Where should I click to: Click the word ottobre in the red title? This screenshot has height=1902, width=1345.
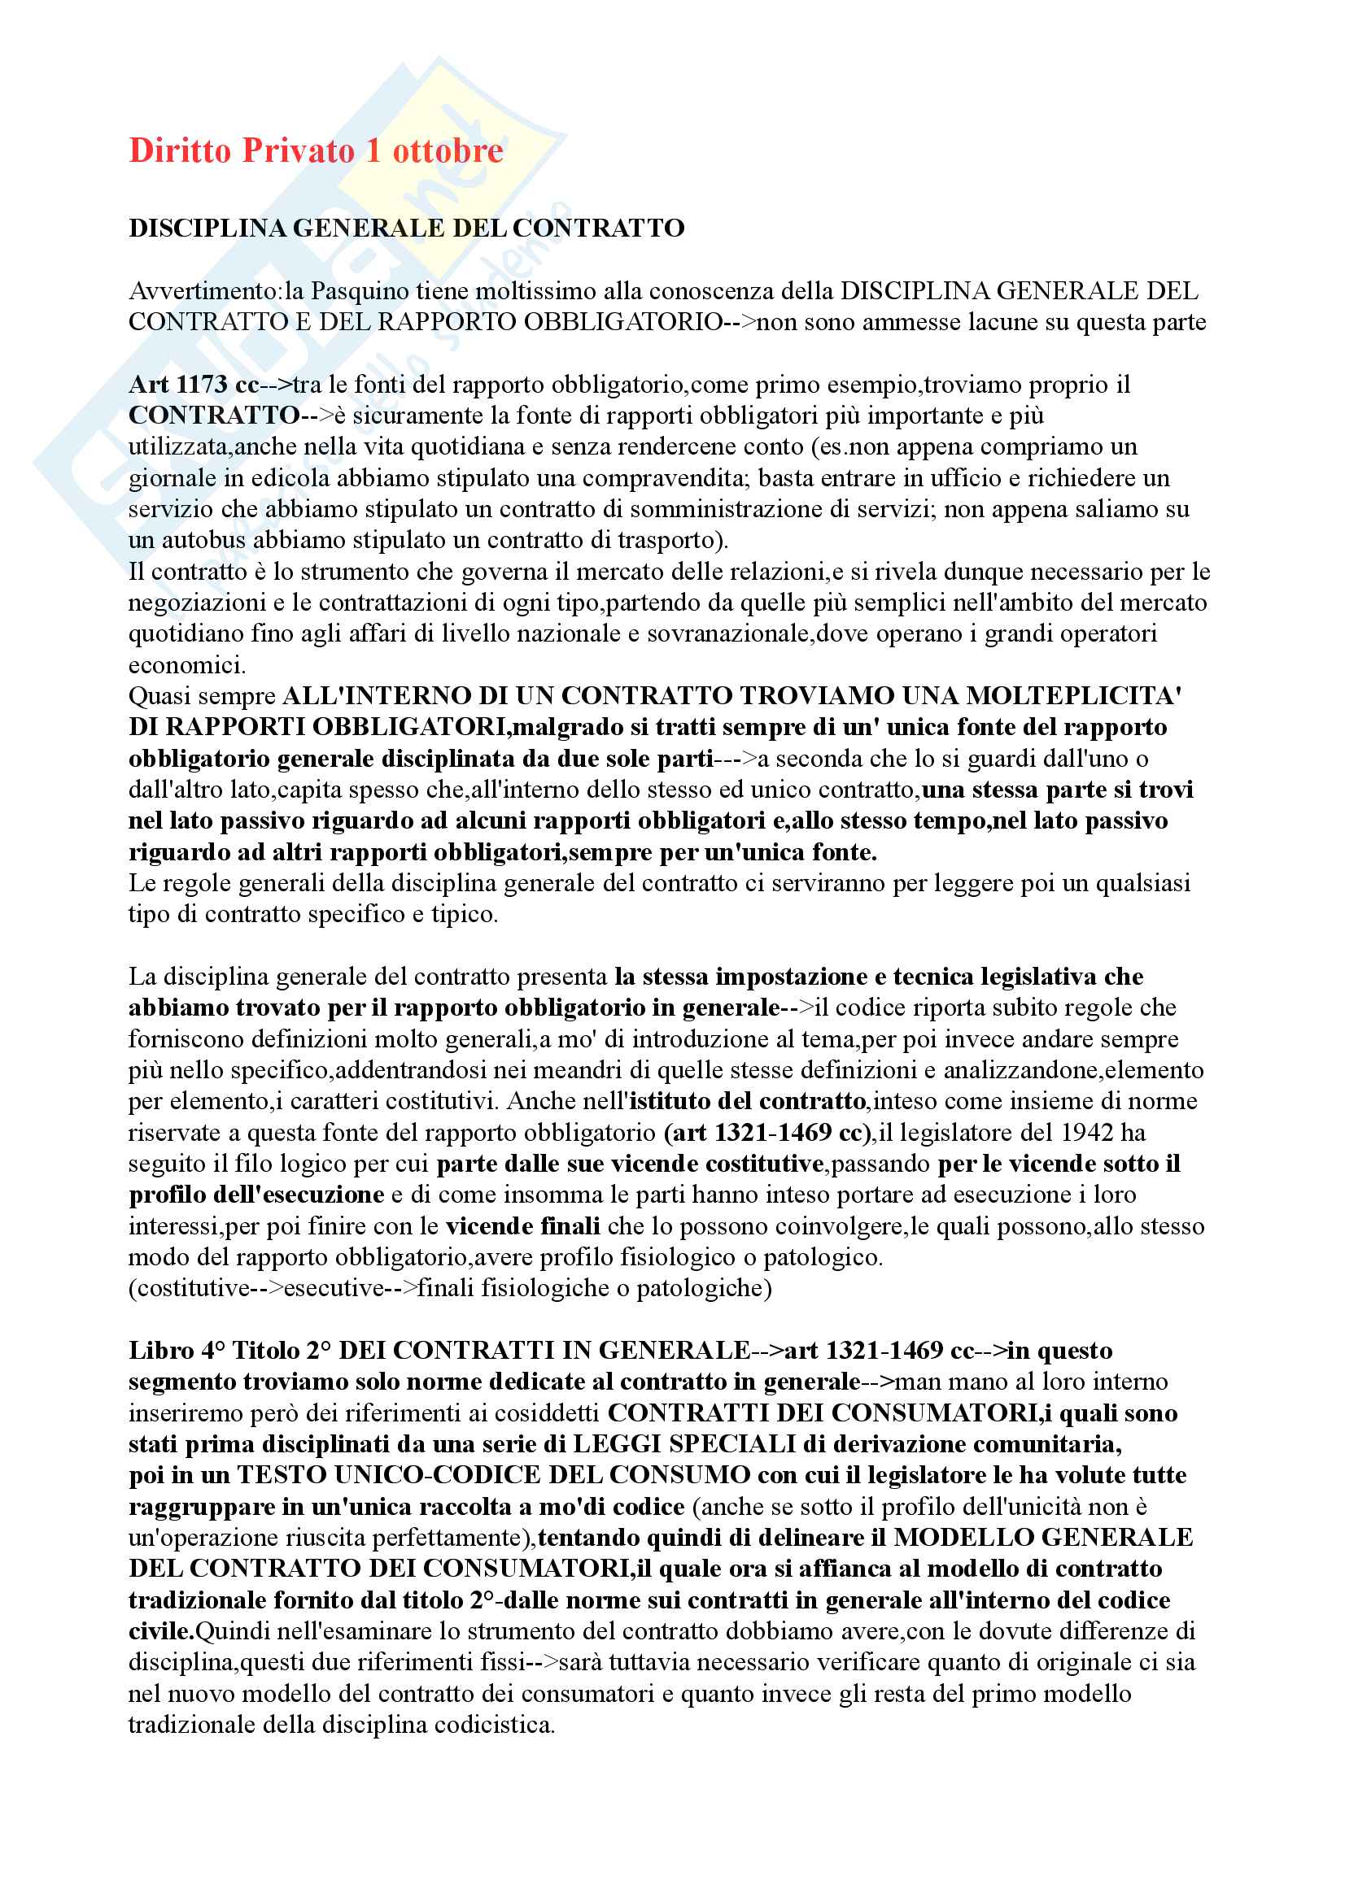448,150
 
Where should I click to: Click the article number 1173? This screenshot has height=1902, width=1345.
201,385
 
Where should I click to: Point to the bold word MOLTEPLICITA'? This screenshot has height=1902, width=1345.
1073,696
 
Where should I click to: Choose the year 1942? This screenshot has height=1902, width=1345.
1081,1133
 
